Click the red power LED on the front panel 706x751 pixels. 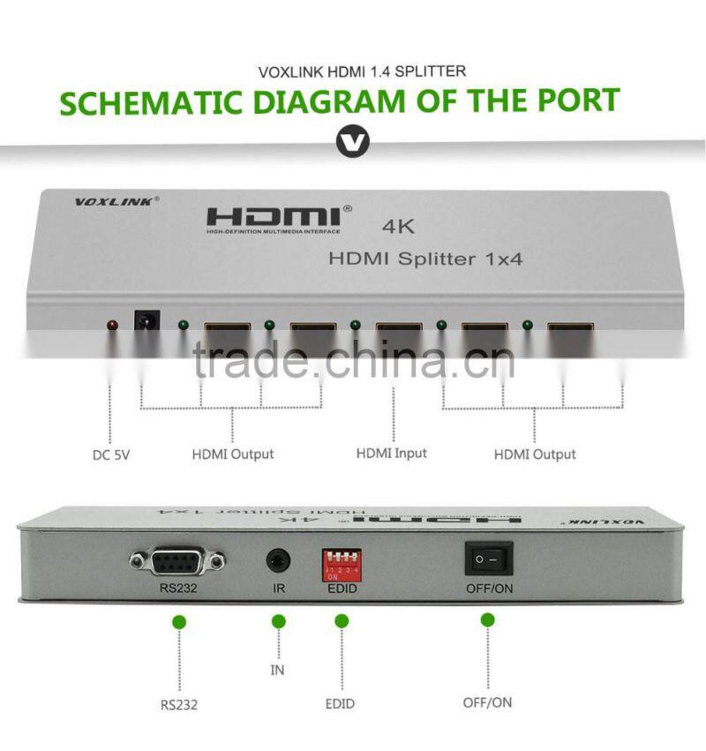[x=112, y=326]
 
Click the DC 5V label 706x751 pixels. [x=111, y=455]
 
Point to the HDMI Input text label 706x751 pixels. [x=391, y=453]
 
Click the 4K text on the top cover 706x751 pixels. [x=398, y=226]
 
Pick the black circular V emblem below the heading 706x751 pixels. [x=353, y=141]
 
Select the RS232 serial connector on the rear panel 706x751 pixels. [x=177, y=559]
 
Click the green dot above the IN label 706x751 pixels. [x=280, y=622]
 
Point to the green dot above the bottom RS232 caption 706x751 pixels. [x=180, y=622]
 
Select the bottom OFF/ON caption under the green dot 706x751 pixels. [x=487, y=702]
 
